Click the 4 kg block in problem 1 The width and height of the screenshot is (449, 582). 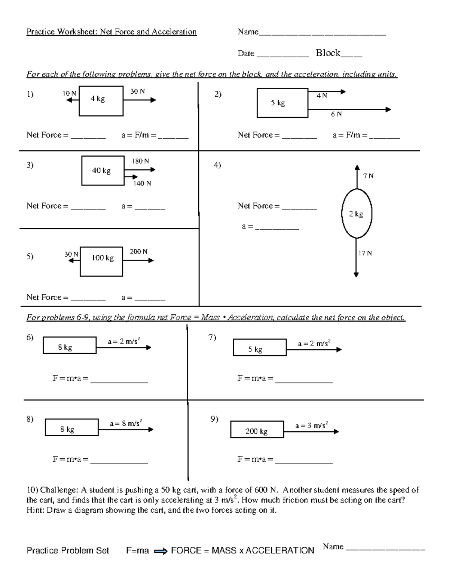click(x=101, y=101)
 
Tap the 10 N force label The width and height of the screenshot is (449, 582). click(x=69, y=93)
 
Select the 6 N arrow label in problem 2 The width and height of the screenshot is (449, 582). click(x=336, y=114)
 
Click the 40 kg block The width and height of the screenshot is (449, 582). click(x=103, y=171)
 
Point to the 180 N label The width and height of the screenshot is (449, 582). click(x=140, y=161)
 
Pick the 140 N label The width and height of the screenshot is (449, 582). click(x=142, y=183)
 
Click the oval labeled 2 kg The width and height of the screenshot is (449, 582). click(x=357, y=214)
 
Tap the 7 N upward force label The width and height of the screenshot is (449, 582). click(x=368, y=176)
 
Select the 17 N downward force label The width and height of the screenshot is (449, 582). click(x=365, y=253)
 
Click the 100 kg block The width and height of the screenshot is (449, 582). click(x=101, y=261)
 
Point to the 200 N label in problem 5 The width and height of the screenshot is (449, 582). click(x=138, y=251)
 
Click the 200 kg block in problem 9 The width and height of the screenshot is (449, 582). click(x=257, y=429)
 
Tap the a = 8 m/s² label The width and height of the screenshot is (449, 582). click(x=126, y=423)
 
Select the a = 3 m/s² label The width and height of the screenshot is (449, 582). click(x=311, y=425)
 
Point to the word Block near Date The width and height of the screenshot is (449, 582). click(x=328, y=53)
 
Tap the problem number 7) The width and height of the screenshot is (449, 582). click(x=212, y=338)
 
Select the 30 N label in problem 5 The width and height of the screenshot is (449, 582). click(x=71, y=254)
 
